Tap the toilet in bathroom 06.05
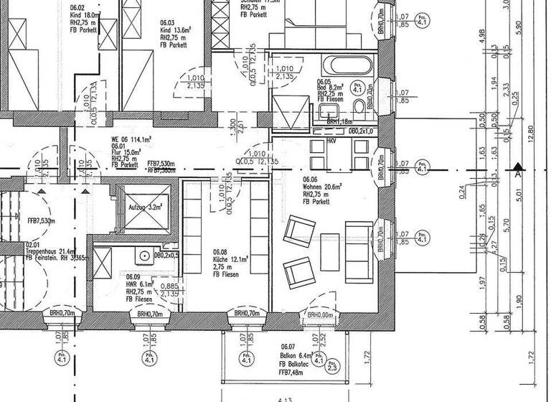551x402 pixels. click(x=359, y=108)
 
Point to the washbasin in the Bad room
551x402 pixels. click(x=329, y=111)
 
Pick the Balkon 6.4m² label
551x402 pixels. click(x=296, y=355)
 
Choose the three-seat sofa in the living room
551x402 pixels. click(x=357, y=251)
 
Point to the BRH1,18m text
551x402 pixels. click(x=338, y=123)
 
